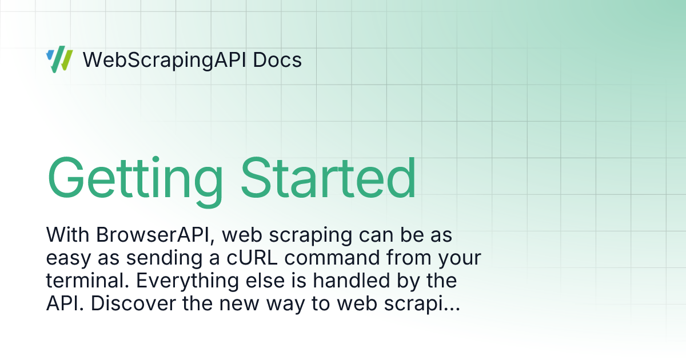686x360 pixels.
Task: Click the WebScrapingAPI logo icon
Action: click(x=59, y=59)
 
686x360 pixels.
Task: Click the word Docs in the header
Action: click(x=277, y=60)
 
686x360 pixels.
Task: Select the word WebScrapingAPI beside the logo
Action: click(x=165, y=61)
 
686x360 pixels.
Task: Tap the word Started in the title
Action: click(x=328, y=178)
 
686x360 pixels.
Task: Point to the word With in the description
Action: click(x=67, y=235)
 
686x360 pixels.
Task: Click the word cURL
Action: click(x=252, y=258)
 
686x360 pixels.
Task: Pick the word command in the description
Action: click(x=332, y=258)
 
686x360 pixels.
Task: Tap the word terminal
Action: click(x=87, y=281)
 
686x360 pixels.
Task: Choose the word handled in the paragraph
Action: click(x=351, y=281)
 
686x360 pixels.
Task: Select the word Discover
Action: click(x=133, y=303)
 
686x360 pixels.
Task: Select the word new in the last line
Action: click(x=239, y=305)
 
